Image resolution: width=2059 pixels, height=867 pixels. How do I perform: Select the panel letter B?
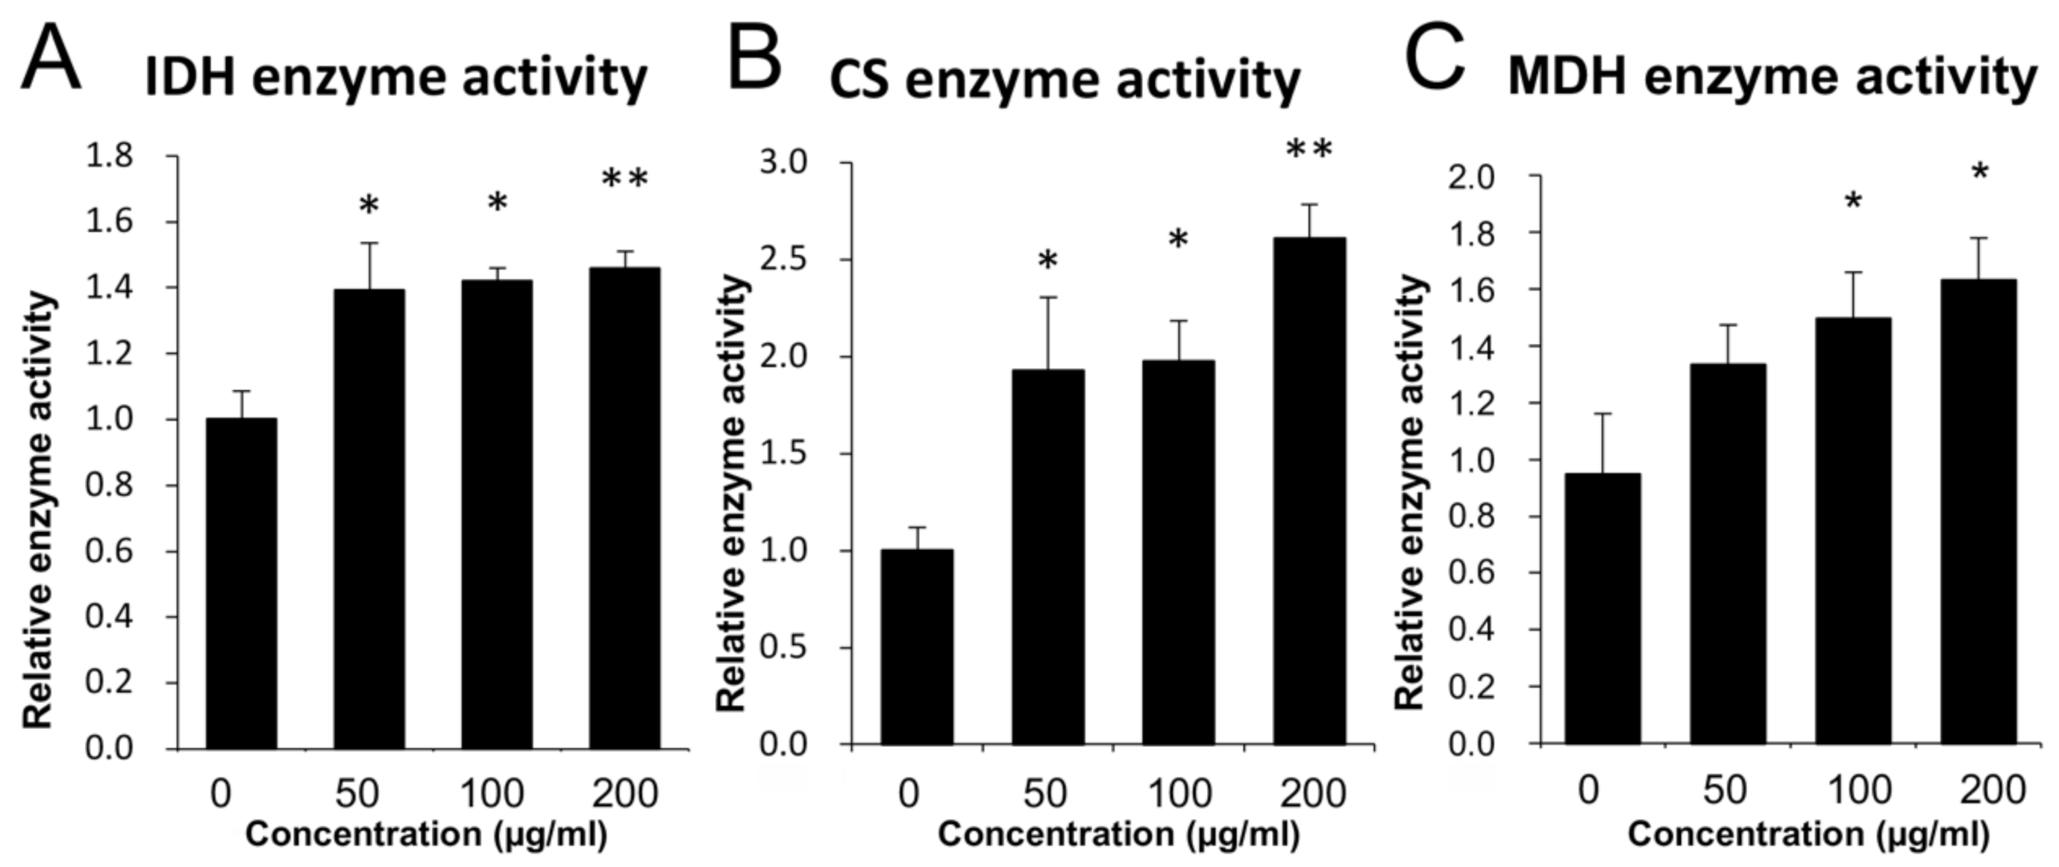pos(753,60)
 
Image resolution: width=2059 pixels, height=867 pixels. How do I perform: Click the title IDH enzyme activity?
pos(395,78)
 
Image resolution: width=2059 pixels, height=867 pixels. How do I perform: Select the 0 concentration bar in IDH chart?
pos(242,583)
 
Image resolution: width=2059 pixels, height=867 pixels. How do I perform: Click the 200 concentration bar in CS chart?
pos(1309,492)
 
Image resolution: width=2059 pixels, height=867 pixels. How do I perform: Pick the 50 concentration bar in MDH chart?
pos(1727,553)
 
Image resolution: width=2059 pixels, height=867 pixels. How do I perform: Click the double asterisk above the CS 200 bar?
pos(1309,149)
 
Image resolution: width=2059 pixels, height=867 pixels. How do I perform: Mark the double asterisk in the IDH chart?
pos(624,180)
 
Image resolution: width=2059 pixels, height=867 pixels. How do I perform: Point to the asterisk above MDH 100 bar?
pos(1853,202)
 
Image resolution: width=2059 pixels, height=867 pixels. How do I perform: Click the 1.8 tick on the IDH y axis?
pos(110,157)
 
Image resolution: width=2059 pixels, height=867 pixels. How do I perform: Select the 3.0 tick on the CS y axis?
pos(783,163)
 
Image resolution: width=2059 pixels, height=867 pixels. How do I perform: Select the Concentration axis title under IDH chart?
pos(426,835)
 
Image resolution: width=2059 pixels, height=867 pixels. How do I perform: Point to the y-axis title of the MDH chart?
pos(1411,492)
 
